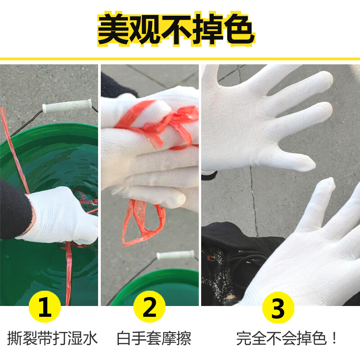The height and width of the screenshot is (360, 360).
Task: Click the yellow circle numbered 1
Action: coord(45,306)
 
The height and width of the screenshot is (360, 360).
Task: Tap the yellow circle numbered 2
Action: coord(149,306)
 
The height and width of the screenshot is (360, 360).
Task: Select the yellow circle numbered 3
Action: coord(278,307)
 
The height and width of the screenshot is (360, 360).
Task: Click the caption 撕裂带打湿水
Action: coord(53,338)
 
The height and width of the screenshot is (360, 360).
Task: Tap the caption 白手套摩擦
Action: coord(154,338)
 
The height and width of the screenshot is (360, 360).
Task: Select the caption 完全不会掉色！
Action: coord(287,338)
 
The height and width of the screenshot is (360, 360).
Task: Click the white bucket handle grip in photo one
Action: coord(67,106)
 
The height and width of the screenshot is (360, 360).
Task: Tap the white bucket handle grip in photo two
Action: coord(175,255)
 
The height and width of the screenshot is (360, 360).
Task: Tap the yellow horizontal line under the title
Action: coord(180,59)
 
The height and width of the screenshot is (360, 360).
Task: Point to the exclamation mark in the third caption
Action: coord(334,338)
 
